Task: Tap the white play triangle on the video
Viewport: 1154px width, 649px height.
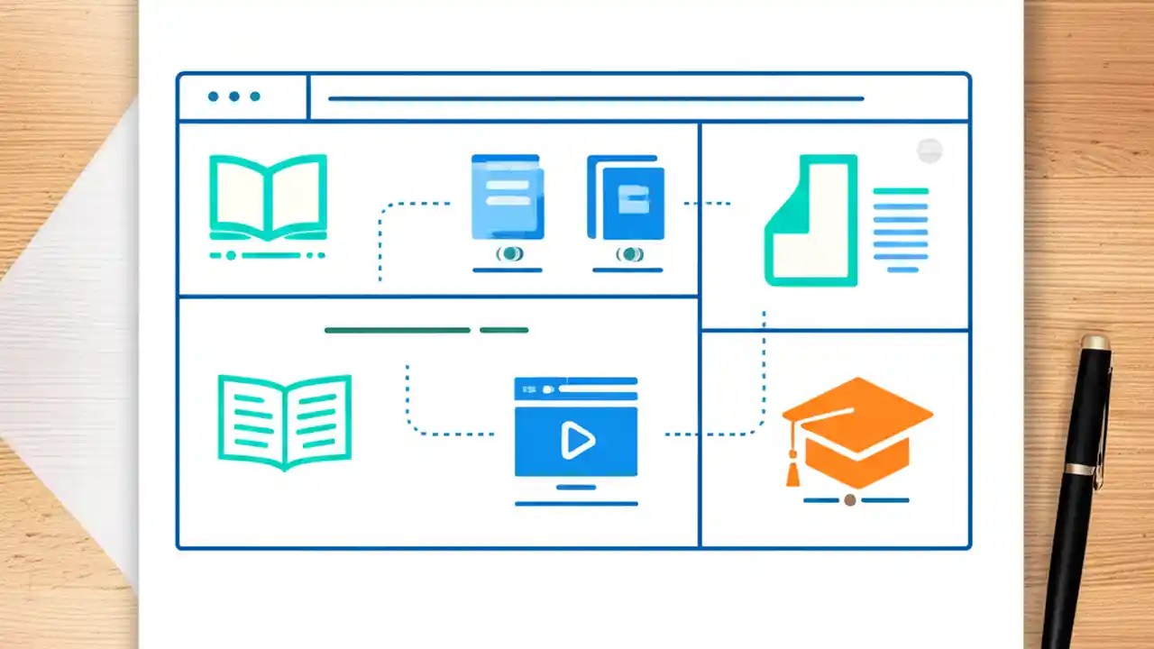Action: click(x=577, y=440)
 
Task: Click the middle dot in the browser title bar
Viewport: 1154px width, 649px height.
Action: click(x=234, y=96)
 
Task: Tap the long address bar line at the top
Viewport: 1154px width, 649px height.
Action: click(x=595, y=98)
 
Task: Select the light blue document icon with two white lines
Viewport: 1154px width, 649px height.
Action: click(x=508, y=197)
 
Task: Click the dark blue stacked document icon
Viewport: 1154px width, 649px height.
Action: click(x=627, y=198)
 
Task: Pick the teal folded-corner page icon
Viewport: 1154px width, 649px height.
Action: click(x=810, y=221)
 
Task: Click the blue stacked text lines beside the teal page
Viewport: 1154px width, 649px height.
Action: click(x=901, y=230)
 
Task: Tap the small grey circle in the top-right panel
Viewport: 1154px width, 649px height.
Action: click(x=930, y=151)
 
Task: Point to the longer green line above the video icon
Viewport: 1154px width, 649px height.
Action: click(x=397, y=330)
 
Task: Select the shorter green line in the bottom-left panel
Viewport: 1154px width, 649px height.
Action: click(x=504, y=330)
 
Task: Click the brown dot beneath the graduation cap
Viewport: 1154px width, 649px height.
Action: click(x=849, y=499)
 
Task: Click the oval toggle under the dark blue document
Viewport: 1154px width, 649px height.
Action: click(x=629, y=254)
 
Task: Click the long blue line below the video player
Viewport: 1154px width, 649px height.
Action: click(x=576, y=504)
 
